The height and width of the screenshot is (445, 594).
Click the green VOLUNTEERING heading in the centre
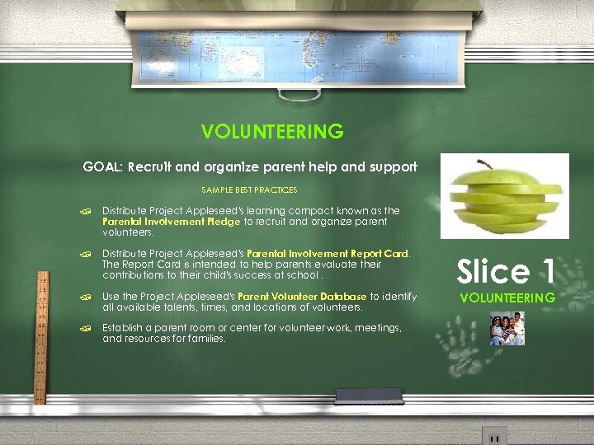(272, 131)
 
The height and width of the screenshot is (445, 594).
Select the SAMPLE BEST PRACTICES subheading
(249, 190)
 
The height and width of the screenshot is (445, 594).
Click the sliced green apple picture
(504, 197)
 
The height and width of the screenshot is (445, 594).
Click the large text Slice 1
(506, 271)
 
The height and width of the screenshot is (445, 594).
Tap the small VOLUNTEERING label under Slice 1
(507, 297)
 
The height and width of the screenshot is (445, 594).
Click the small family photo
(507, 328)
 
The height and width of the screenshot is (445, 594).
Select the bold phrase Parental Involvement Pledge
(171, 222)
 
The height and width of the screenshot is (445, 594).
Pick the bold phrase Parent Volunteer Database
(302, 297)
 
